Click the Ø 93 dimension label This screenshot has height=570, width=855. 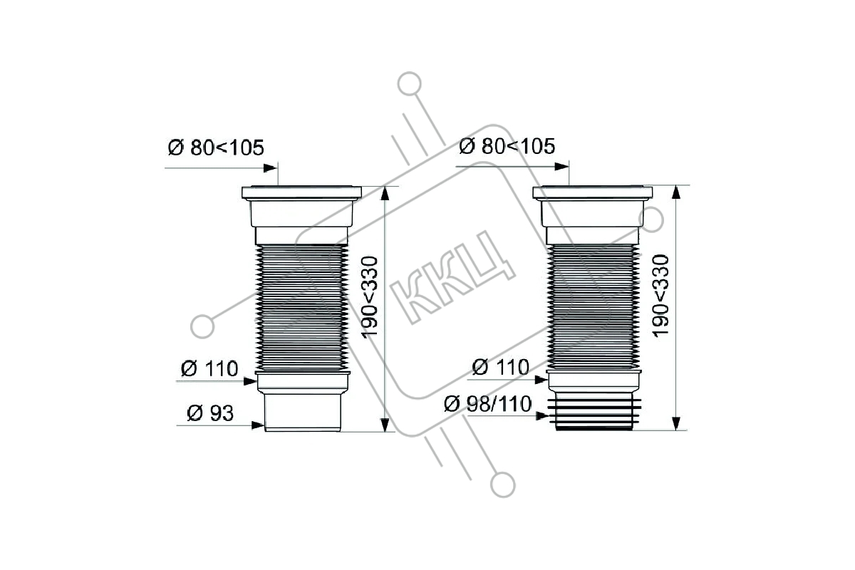pyautogui.click(x=210, y=413)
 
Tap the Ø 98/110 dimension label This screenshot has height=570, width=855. pyautogui.click(x=488, y=404)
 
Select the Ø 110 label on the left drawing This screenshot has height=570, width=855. pyautogui.click(x=209, y=368)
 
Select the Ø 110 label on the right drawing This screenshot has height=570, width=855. pyautogui.click(x=500, y=367)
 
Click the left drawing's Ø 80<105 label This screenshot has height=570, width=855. pyautogui.click(x=216, y=147)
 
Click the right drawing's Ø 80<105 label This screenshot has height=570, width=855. pyautogui.click(x=507, y=146)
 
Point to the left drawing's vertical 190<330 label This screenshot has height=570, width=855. pyautogui.click(x=370, y=297)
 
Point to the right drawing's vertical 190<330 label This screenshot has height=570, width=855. pyautogui.click(x=661, y=296)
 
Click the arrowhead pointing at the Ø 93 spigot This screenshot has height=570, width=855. pyautogui.click(x=258, y=425)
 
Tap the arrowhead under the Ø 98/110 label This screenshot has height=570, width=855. pyautogui.click(x=542, y=416)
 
